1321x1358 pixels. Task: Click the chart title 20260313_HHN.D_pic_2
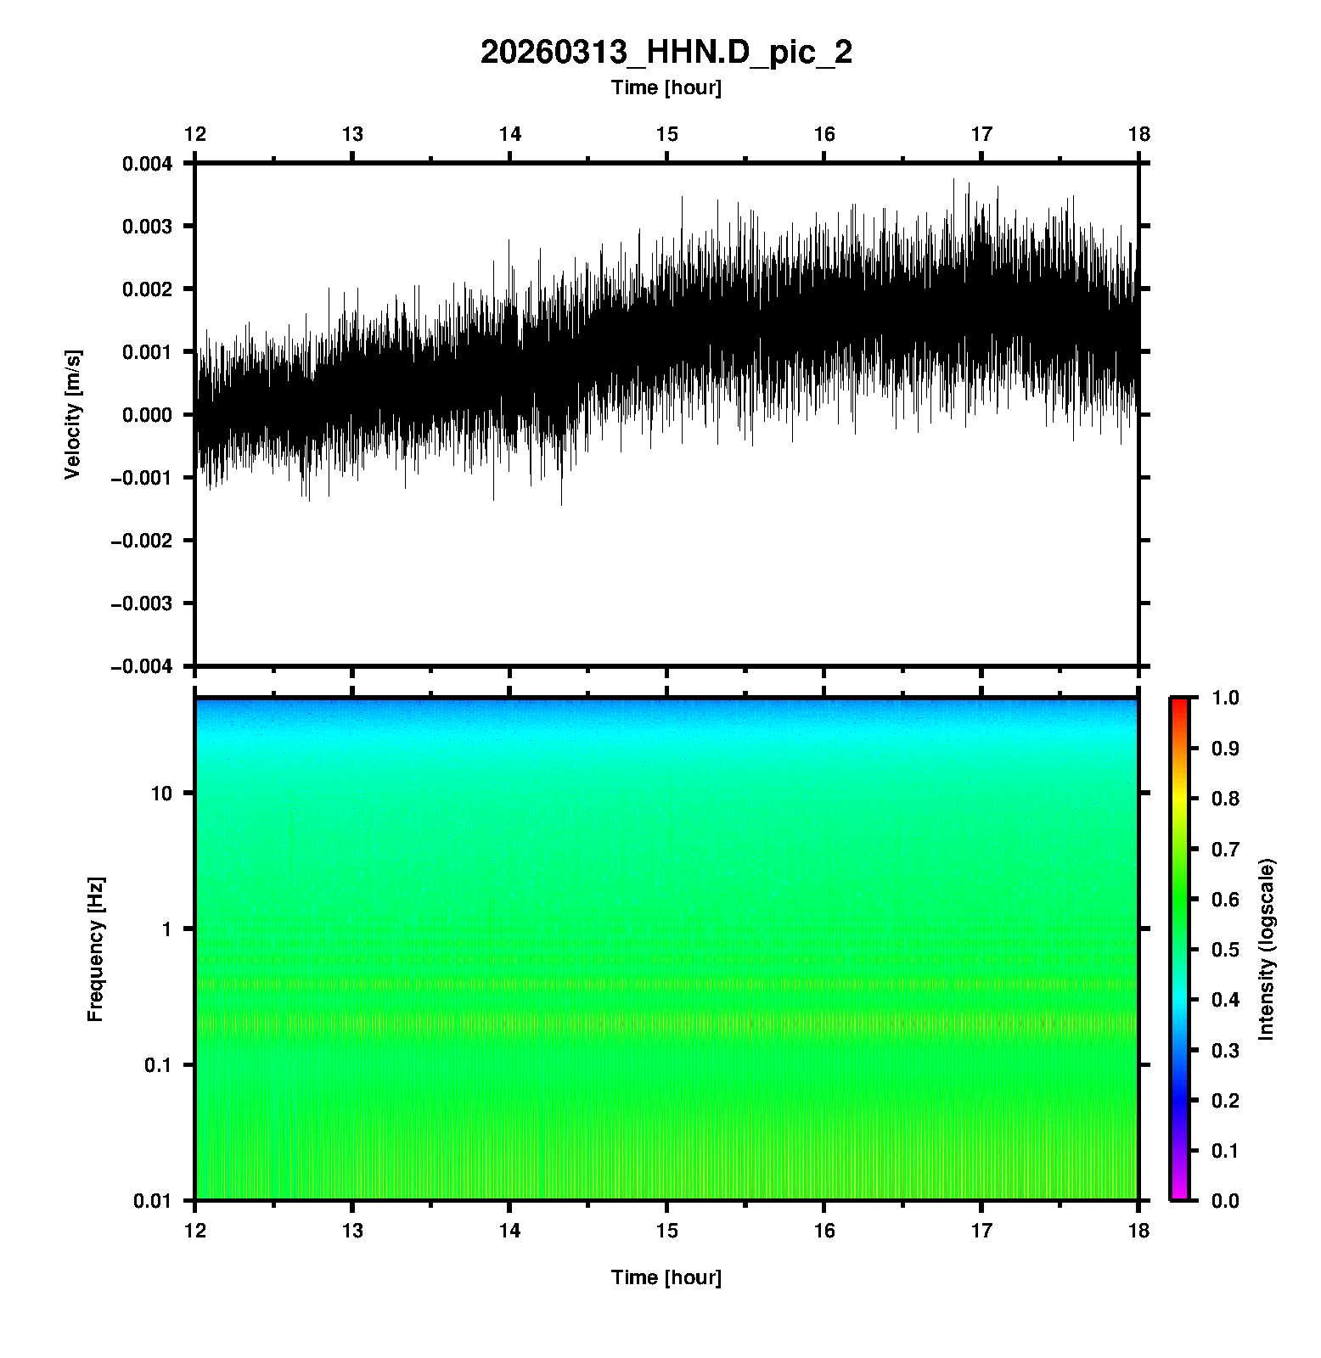coord(666,53)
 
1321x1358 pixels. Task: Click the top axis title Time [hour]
coord(666,87)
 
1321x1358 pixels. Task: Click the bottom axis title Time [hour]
coord(666,1277)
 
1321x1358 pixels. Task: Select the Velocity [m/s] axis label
coord(74,414)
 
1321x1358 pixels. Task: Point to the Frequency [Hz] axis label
coord(95,950)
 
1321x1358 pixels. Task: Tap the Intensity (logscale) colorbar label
coord(1267,950)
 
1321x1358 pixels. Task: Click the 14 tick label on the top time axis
coord(509,134)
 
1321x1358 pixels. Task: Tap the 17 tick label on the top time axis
coord(981,134)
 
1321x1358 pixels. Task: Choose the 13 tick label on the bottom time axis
coord(352,1231)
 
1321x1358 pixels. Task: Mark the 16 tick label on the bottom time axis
coord(824,1231)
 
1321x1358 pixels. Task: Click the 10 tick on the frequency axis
coord(161,794)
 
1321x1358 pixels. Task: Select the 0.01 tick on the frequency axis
coord(153,1200)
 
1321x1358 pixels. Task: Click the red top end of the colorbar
coord(1179,701)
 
